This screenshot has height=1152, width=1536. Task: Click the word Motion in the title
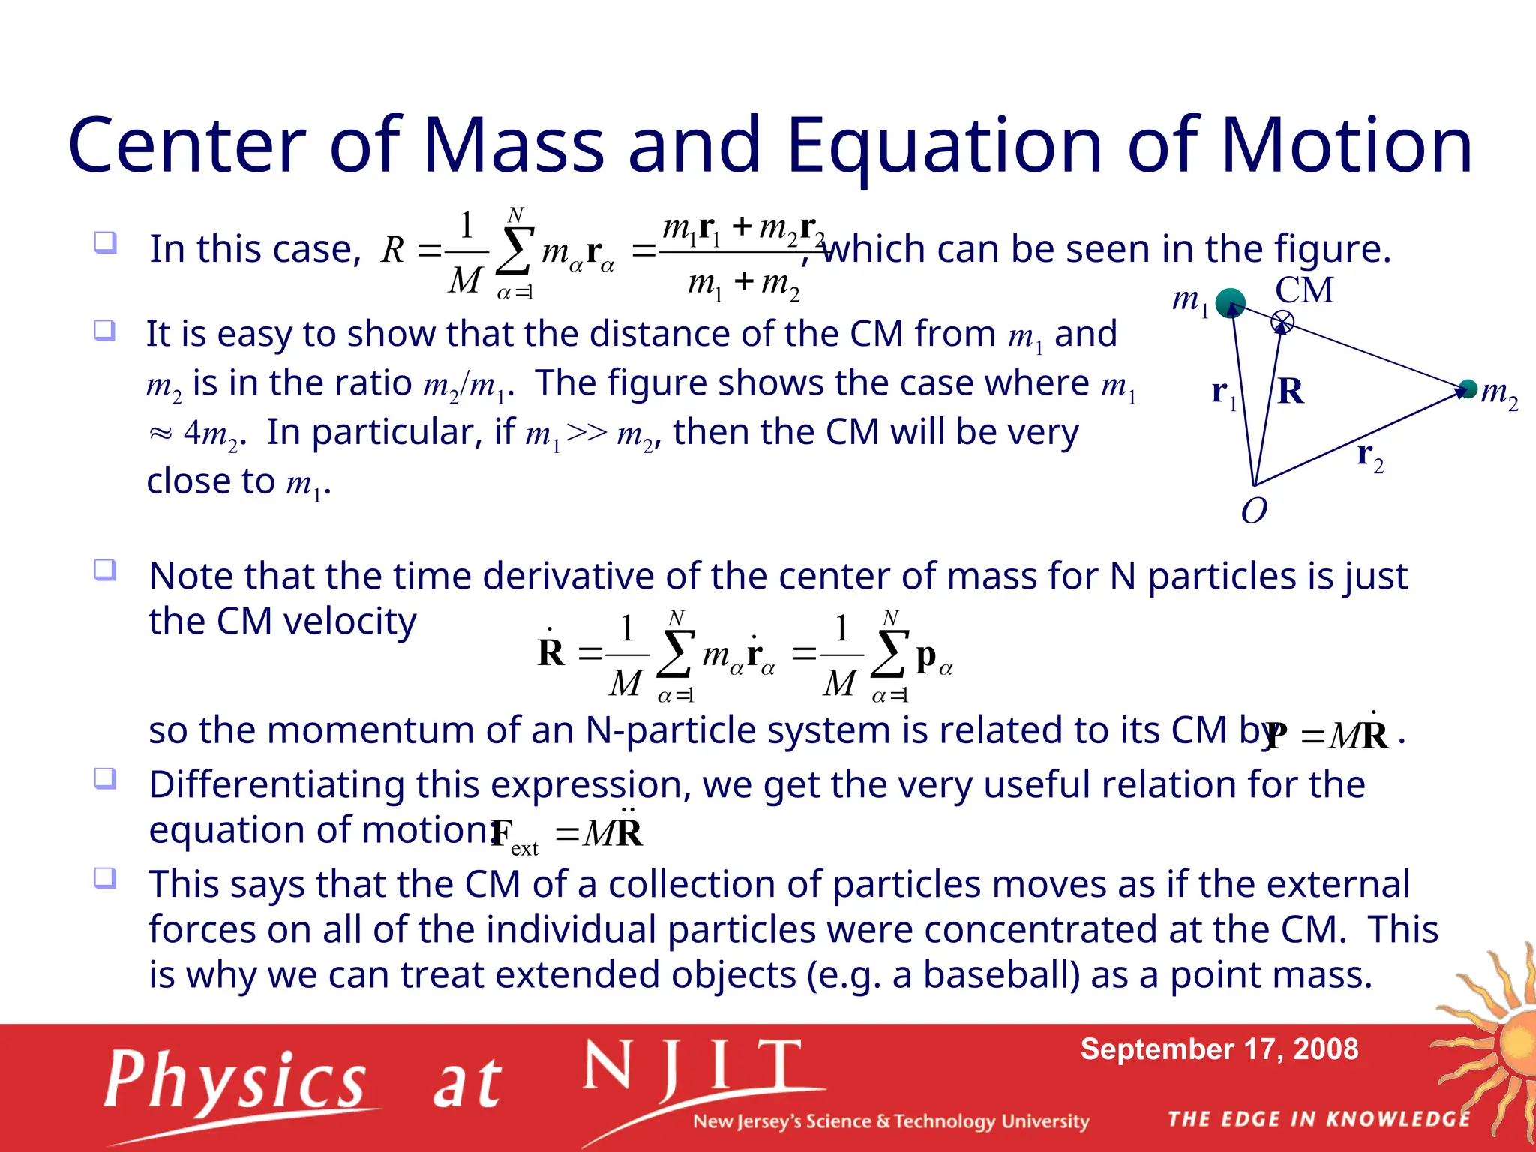coord(1346,146)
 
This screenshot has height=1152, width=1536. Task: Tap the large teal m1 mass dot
coord(1230,303)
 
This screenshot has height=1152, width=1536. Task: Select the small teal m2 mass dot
coord(1468,388)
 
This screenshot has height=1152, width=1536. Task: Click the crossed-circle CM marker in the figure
coord(1282,322)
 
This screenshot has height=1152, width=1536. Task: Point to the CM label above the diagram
coord(1305,290)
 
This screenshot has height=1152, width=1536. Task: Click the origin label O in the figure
coord(1254,511)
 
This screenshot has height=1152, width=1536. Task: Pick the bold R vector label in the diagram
coord(1291,391)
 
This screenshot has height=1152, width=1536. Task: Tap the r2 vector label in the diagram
coord(1369,456)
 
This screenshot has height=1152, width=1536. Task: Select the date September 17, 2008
coord(1219,1049)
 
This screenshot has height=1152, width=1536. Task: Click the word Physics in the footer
coord(235,1081)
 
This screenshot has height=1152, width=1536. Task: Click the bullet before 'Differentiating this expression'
coord(105,778)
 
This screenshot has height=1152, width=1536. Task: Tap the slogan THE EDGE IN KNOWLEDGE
coord(1319,1119)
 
